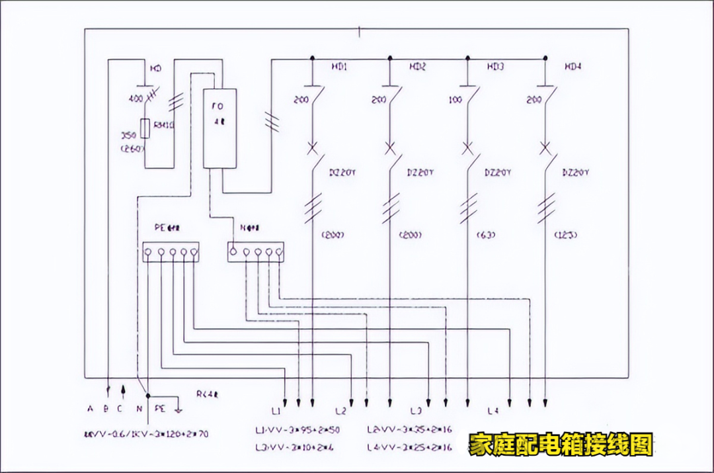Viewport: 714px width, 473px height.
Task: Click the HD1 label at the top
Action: tap(339, 67)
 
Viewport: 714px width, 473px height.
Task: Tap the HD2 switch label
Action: tap(417, 67)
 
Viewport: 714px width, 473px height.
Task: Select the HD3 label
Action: tap(495, 67)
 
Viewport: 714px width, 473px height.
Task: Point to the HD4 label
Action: tap(573, 67)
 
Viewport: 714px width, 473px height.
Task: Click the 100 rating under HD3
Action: tap(455, 100)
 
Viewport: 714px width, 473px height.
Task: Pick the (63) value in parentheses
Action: tap(485, 235)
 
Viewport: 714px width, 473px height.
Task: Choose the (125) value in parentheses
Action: tap(563, 235)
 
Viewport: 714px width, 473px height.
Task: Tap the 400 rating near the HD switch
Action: tap(136, 99)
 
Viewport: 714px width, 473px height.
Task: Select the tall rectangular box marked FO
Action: tap(219, 128)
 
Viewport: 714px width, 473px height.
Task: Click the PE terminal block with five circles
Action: tap(171, 251)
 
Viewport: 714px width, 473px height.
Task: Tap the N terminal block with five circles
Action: tap(255, 251)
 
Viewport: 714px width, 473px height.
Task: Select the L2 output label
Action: tap(341, 411)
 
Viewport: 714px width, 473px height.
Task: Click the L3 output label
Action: tap(416, 411)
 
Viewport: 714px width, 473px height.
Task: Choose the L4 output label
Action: tap(493, 411)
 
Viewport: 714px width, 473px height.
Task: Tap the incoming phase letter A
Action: tap(90, 409)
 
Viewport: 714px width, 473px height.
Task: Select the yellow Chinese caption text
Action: tap(561, 445)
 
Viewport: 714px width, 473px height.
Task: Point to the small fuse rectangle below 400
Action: tap(145, 128)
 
